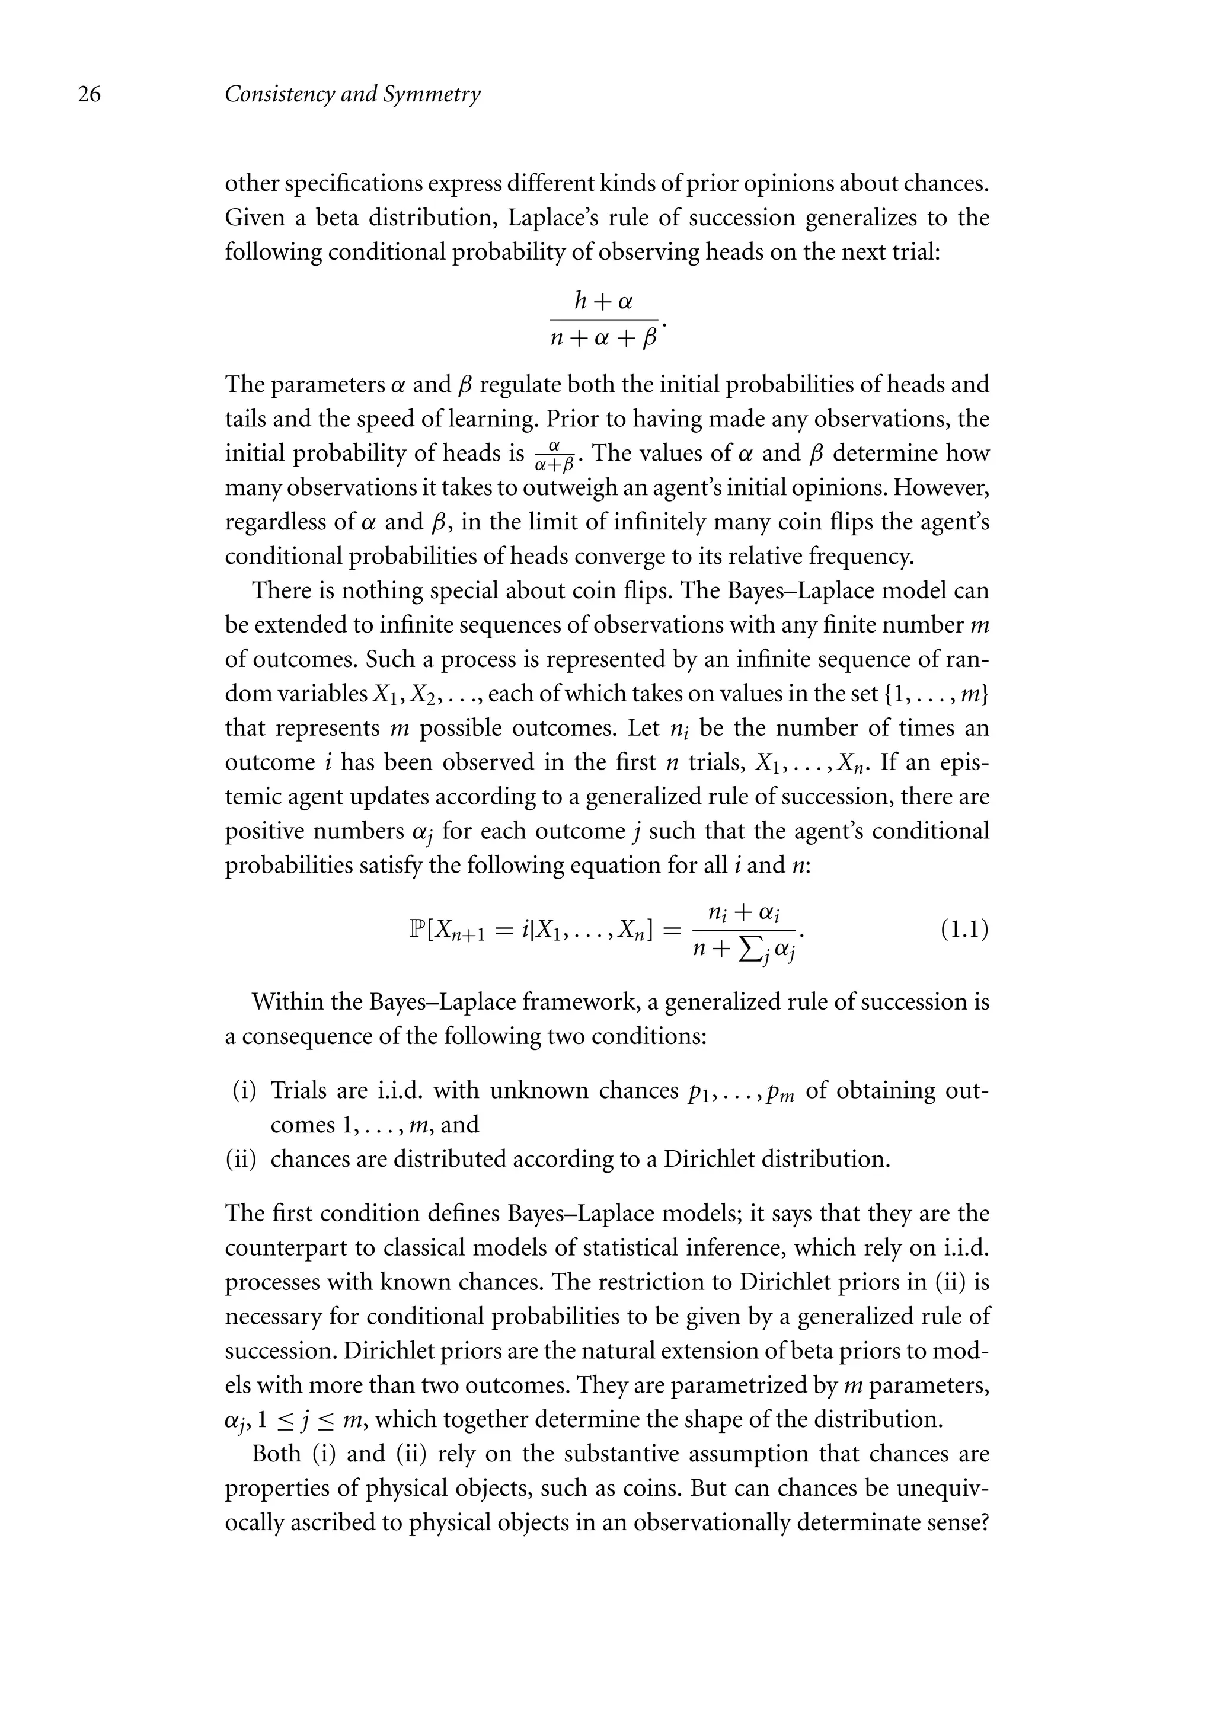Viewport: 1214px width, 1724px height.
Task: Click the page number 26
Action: (x=90, y=95)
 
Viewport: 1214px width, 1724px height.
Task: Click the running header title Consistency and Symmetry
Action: (x=352, y=95)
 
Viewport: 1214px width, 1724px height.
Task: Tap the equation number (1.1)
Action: (x=964, y=930)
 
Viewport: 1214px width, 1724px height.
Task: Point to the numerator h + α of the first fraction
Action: (x=603, y=302)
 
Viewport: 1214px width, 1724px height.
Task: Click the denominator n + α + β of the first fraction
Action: (x=603, y=339)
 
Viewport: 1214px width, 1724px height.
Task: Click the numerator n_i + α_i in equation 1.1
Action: (x=744, y=913)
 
